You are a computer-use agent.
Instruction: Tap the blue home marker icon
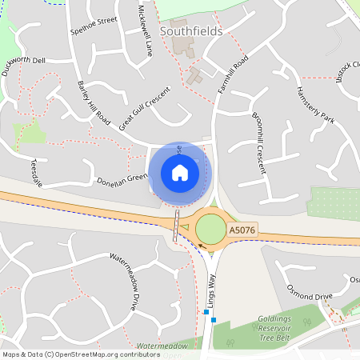click(x=180, y=172)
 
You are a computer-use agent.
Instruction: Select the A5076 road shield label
click(x=242, y=230)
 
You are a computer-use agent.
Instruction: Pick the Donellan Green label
click(x=122, y=178)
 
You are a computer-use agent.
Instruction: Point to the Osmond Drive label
click(x=310, y=296)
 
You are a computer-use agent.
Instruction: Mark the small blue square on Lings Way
click(x=206, y=313)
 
